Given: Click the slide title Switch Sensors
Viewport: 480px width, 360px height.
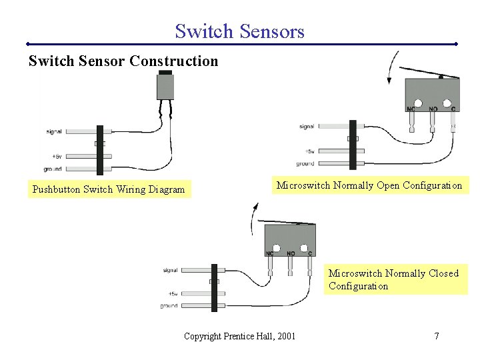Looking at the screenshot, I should pos(239,31).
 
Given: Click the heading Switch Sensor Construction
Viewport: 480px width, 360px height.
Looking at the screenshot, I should pos(123,61).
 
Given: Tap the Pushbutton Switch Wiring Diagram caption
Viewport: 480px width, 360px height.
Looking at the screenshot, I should pos(109,189).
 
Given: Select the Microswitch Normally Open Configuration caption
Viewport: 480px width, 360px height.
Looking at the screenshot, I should pos(369,185).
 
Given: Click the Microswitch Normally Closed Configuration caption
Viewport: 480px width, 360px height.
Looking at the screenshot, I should pos(393,279).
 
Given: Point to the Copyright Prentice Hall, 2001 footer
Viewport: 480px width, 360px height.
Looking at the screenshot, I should pos(239,336).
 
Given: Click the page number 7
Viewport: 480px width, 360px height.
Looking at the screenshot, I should pos(437,336).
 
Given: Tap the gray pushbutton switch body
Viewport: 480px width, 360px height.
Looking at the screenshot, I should pos(165,86).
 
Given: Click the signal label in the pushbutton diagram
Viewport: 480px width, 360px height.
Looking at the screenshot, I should pos(55,131).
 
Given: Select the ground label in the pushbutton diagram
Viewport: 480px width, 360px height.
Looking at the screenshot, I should pos(53,169).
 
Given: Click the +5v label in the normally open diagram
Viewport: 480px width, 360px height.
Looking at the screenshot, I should pos(309,151).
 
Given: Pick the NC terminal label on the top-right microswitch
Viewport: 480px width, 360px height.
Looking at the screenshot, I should pos(412,108).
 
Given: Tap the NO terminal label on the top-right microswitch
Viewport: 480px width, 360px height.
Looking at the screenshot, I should pos(433,108).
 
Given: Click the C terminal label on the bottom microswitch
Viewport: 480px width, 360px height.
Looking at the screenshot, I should pos(310,254).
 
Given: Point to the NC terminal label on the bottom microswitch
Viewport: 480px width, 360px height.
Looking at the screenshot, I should pos(270,254).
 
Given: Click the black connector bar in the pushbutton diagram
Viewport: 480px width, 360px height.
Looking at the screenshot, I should pos(100,149).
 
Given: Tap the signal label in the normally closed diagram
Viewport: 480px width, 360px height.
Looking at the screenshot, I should pos(170,270).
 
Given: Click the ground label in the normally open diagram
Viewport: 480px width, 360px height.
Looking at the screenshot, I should pos(305,163).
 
